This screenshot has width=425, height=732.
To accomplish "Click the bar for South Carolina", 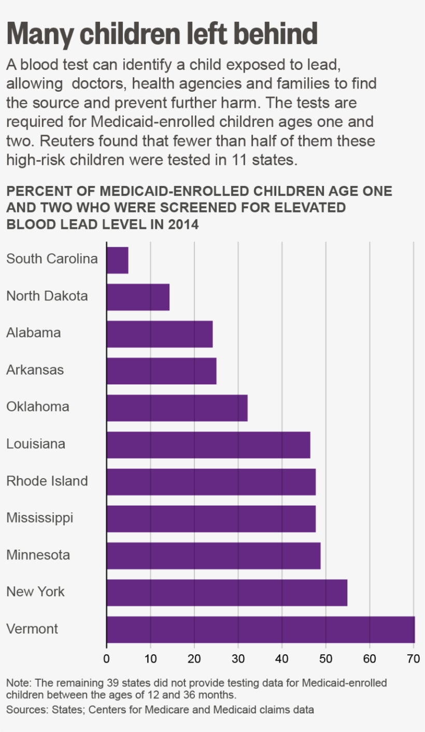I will click(x=118, y=260).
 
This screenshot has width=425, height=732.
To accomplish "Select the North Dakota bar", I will click(x=138, y=297).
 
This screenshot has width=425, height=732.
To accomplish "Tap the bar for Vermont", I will click(x=261, y=629).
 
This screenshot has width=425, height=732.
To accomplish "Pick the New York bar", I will click(x=227, y=593).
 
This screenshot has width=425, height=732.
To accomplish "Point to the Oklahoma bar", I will click(x=177, y=408).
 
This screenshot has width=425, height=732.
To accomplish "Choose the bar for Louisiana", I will click(x=208, y=444).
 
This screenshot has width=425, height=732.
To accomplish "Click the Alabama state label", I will click(x=33, y=333).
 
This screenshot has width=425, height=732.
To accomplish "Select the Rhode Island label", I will click(x=47, y=481).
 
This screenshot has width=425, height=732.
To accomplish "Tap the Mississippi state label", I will click(x=39, y=518).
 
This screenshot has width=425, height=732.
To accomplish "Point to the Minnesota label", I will click(x=38, y=555).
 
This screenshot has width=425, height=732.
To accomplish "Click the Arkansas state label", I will click(x=35, y=370).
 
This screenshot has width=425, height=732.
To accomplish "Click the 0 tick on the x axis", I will click(x=107, y=659).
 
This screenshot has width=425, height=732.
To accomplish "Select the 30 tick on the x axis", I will click(x=238, y=659).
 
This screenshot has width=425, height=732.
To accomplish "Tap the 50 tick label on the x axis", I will click(x=325, y=659).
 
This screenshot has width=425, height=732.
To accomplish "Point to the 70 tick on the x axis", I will click(x=413, y=659).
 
